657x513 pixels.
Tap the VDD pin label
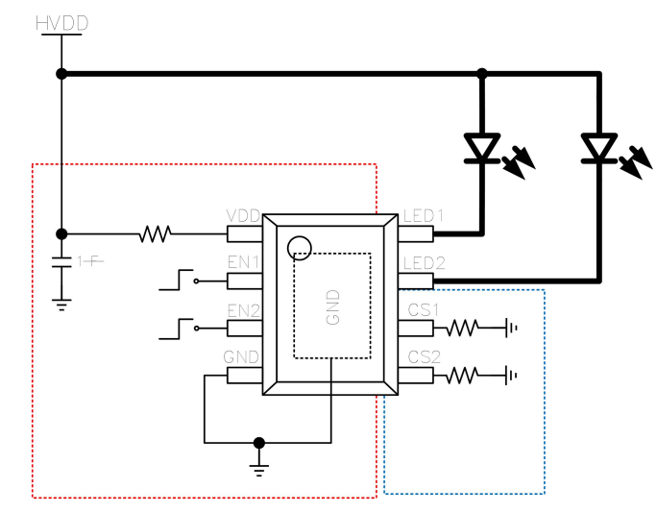point(243,215)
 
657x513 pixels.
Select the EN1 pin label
point(243,262)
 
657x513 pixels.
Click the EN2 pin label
point(243,310)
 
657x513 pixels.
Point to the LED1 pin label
point(424,215)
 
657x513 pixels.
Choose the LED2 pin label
point(424,262)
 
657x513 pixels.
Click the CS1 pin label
point(424,310)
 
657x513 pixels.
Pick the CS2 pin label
point(424,357)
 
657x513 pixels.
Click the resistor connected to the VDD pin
point(155,233)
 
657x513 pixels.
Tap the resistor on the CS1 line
point(462,329)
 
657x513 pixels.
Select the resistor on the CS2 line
point(462,376)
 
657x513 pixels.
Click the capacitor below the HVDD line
point(61,262)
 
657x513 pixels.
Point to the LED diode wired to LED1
point(481,148)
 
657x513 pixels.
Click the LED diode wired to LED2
point(599,148)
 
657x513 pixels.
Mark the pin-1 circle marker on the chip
point(300,248)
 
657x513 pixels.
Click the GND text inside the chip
point(333,306)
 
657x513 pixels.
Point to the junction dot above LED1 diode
point(481,73)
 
